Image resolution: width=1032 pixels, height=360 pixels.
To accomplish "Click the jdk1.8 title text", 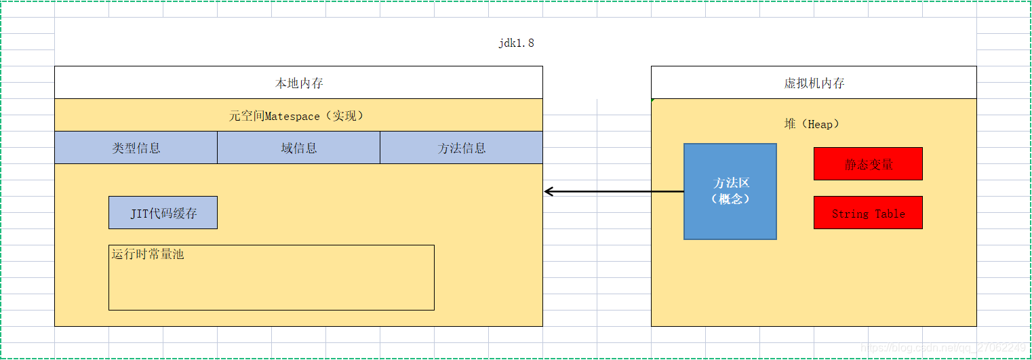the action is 517,43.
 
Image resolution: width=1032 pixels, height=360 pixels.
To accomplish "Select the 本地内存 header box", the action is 298,83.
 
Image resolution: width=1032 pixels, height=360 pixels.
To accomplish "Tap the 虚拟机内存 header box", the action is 814,83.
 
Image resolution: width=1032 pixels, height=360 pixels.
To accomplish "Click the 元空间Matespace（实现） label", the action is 298,116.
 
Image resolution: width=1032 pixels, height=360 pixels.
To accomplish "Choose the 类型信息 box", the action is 136,148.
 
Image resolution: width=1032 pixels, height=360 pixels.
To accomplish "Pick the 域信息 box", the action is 298,148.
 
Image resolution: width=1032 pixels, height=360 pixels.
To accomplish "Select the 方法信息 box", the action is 461,148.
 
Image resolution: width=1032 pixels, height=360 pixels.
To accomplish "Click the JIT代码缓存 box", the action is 163,213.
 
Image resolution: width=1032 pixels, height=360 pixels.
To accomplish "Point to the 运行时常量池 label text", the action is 148,255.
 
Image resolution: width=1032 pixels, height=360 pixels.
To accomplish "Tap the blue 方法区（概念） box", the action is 730,191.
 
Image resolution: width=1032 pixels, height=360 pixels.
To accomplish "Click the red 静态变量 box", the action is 868,164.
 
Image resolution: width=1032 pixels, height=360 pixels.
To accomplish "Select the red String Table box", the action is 868,213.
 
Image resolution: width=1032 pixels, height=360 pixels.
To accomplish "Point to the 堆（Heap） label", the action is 812,124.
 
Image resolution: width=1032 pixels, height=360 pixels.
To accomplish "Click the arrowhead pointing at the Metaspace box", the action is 549,191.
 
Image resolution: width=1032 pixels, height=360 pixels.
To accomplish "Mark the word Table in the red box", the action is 890,214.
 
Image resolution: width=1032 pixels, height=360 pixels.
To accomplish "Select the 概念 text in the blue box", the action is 731,199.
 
